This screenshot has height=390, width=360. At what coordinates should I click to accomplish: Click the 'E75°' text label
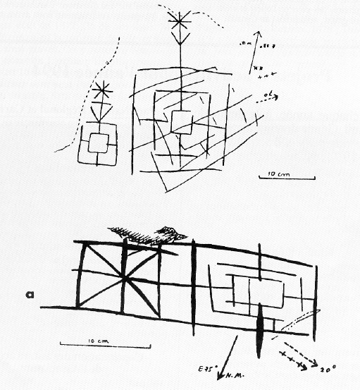(x=206, y=367)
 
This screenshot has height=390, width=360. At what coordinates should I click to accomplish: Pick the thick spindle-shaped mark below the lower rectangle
(x=260, y=329)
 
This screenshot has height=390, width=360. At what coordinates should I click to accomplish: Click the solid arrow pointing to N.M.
(x=231, y=356)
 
